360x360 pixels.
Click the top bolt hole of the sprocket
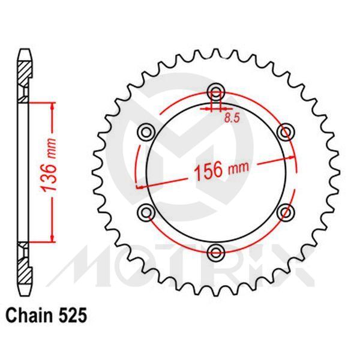[x=215, y=91]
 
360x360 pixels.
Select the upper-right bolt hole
[x=286, y=131]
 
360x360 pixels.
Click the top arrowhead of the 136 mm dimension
[x=53, y=106]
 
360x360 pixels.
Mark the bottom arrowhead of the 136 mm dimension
[x=53, y=238]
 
